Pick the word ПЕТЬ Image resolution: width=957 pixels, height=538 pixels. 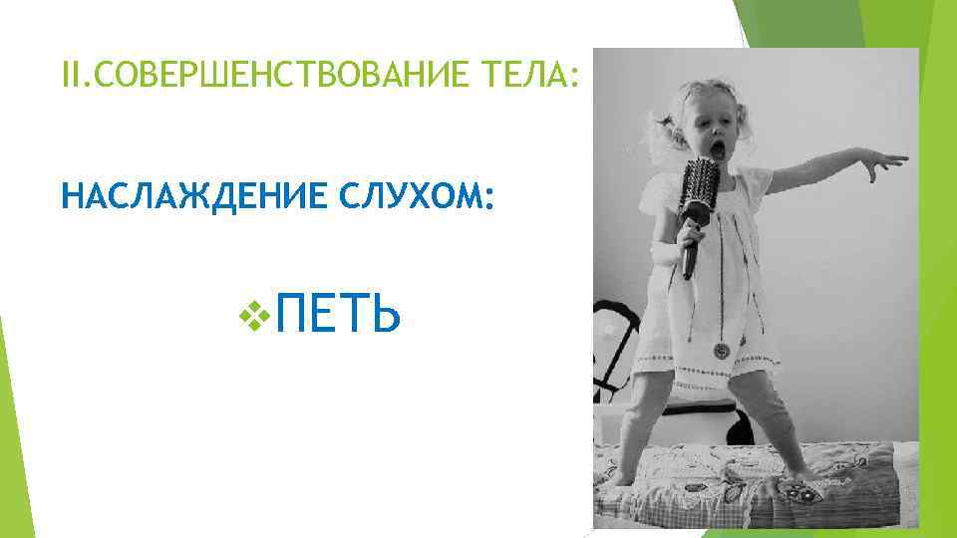coord(339,316)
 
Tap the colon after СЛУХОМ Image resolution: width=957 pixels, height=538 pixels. coord(487,199)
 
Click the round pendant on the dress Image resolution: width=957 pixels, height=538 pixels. coord(720,351)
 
